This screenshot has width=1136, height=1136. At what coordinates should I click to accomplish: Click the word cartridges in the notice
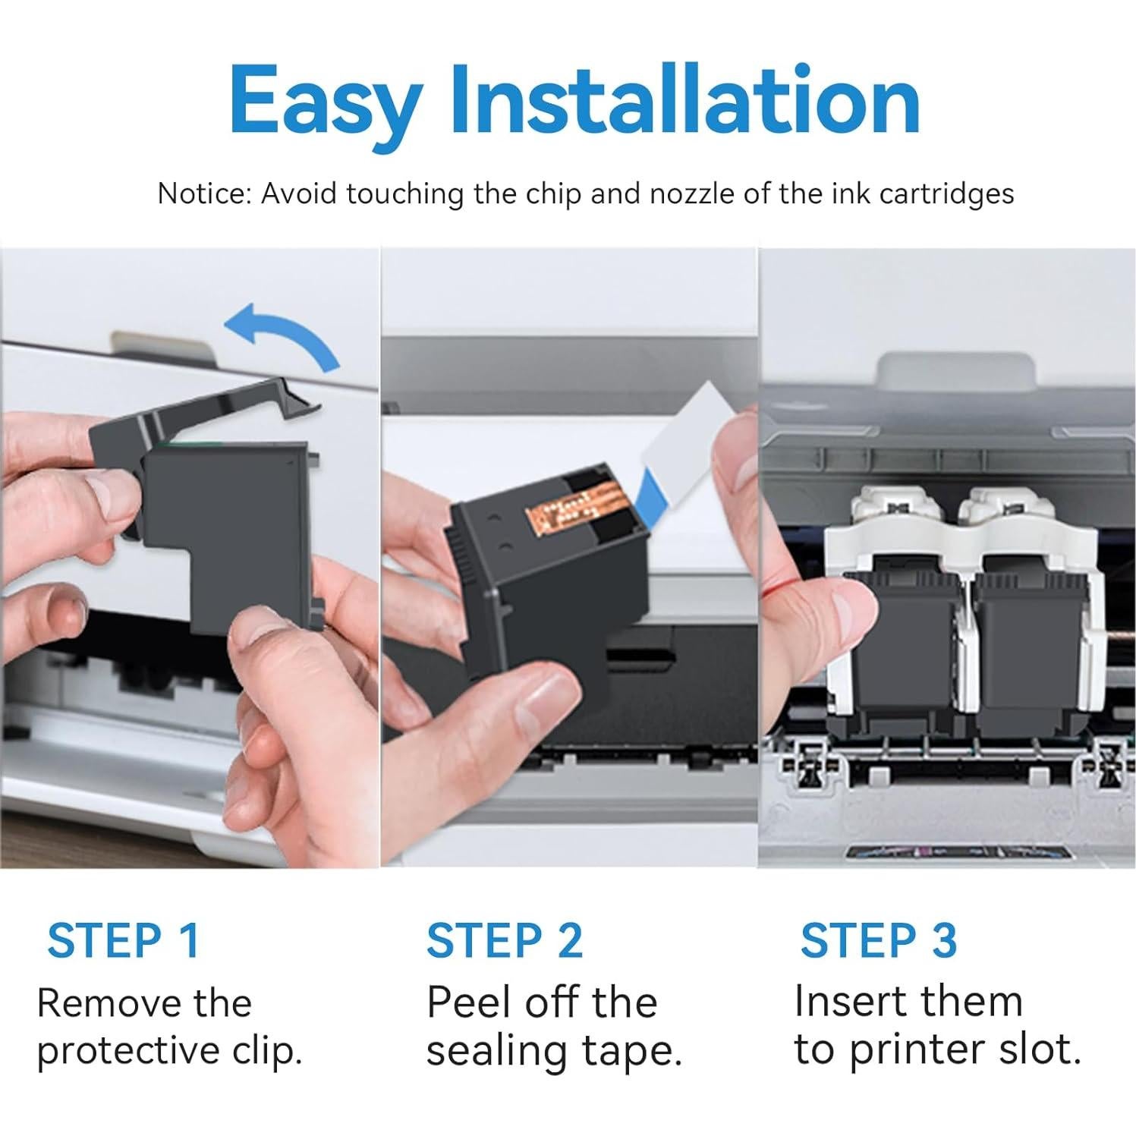tap(946, 195)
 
